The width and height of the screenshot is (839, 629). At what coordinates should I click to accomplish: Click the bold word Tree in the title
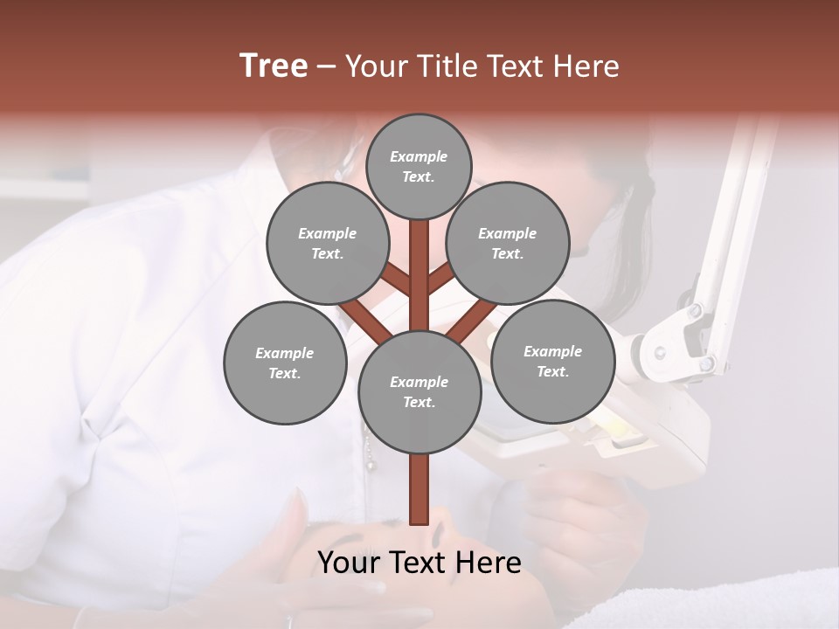pyautogui.click(x=274, y=66)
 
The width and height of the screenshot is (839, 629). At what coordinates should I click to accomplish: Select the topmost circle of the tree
pyautogui.click(x=419, y=166)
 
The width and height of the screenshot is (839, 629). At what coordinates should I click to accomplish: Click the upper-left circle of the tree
pyautogui.click(x=328, y=243)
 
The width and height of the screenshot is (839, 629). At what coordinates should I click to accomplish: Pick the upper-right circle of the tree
pyautogui.click(x=508, y=243)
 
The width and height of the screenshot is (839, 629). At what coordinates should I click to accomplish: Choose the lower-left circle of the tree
pyautogui.click(x=285, y=363)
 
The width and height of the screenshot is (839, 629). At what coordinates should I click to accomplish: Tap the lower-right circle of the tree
pyautogui.click(x=552, y=361)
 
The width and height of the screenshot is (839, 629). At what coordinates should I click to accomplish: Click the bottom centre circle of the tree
pyautogui.click(x=419, y=391)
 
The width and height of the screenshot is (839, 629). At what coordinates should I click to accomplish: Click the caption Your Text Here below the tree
pyautogui.click(x=419, y=563)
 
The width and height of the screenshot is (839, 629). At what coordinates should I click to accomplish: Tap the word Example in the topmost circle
pyautogui.click(x=419, y=156)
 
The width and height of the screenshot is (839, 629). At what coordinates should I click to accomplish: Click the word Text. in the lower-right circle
pyautogui.click(x=552, y=371)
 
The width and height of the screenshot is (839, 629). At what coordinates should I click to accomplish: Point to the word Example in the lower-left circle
pyautogui.click(x=285, y=353)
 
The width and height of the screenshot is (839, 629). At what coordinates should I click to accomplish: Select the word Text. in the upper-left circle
pyautogui.click(x=328, y=253)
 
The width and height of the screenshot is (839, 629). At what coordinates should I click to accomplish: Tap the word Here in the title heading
pyautogui.click(x=587, y=66)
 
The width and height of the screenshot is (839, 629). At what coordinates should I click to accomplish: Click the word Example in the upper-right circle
pyautogui.click(x=508, y=233)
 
